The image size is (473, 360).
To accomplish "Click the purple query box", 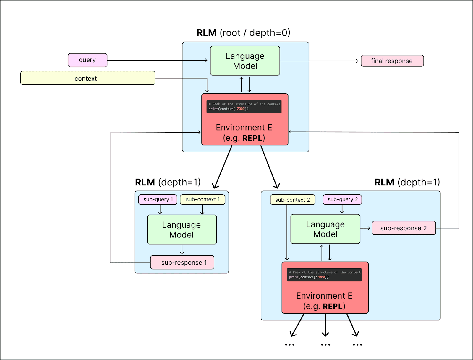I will pos(88,60).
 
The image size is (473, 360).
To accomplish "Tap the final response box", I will pos(392,61).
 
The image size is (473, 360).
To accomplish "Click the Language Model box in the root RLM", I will pos(245,61).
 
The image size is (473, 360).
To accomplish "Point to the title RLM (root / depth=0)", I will pos(243,33).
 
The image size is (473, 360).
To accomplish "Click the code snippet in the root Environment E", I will pos(244,107).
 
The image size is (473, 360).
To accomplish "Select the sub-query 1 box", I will pos(158,199).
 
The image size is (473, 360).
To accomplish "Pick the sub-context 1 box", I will pos(203,199).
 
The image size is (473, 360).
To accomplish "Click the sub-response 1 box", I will pos(182,263).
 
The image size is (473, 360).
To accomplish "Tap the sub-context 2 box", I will pos(292,200).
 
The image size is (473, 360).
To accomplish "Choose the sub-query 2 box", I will pos(342,199).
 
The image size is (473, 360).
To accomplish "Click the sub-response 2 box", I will pos(404,228).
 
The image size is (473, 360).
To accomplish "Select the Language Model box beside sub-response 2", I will pos(325,229).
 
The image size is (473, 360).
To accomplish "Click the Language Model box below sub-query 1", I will pos(182,230).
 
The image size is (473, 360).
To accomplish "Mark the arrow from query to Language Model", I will pos(157,61).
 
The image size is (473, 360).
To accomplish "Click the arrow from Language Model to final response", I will pos(319,61).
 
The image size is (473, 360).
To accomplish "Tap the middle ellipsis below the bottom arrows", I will pos(325,345).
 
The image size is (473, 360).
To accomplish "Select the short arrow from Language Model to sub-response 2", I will pos(365,228).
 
